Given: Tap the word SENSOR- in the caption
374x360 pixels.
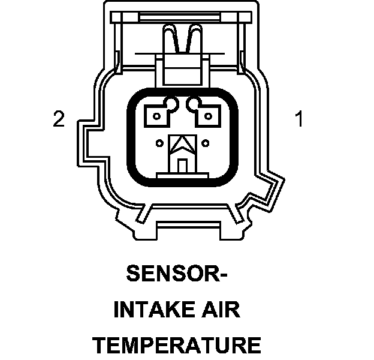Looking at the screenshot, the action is [178, 274].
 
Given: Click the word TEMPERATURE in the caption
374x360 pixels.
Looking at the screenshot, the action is [177, 346].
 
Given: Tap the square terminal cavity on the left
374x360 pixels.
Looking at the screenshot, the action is [159, 114].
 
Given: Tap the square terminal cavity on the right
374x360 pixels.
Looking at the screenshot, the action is [208, 114].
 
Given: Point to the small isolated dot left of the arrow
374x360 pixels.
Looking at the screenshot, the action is [159, 143].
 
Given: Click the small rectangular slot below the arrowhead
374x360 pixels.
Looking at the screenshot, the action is [183, 163].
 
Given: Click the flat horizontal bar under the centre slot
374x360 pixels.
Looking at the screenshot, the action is [183, 175].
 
